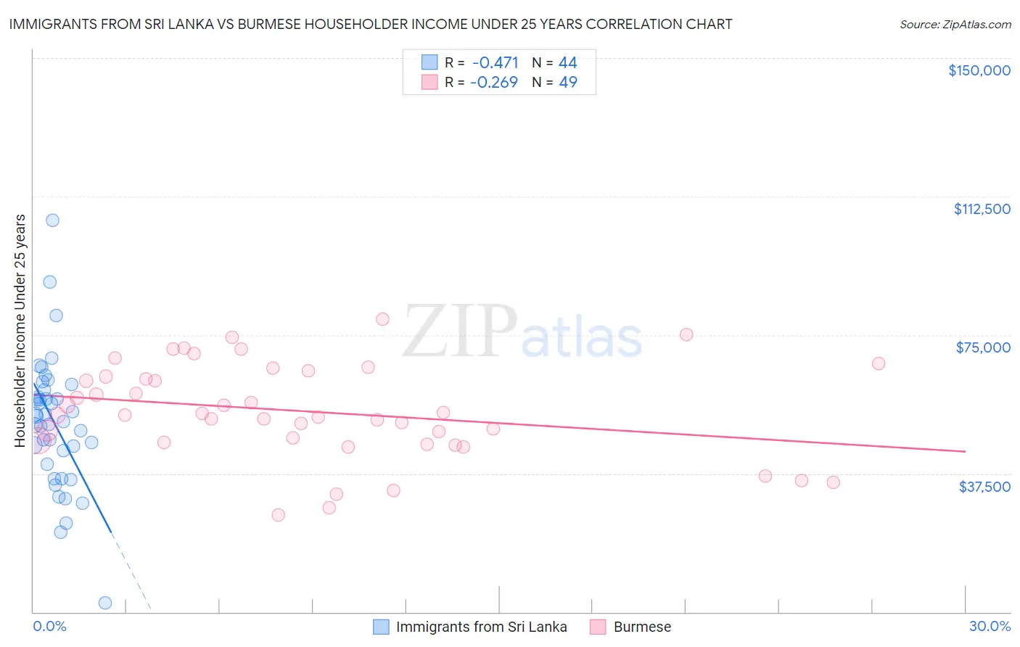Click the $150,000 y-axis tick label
pos(979,70)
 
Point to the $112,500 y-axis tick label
pos(982,209)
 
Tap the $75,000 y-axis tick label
pos(983,347)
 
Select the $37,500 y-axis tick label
pos(984,487)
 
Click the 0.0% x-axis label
pos(49,626)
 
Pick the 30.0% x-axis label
pos(990,626)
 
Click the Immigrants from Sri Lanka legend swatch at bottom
pos(381,627)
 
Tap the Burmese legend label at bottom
pos(642,627)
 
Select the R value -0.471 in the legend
pos(495,62)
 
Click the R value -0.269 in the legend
pos(494,82)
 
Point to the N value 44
pos(567,62)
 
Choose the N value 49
pos(567,82)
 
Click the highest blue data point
pos(52,220)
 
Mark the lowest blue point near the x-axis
pos(105,603)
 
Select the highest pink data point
pos(382,319)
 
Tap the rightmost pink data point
pos(879,363)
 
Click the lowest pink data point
pos(278,515)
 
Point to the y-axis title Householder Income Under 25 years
pos(20,330)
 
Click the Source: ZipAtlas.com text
pos(955,25)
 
